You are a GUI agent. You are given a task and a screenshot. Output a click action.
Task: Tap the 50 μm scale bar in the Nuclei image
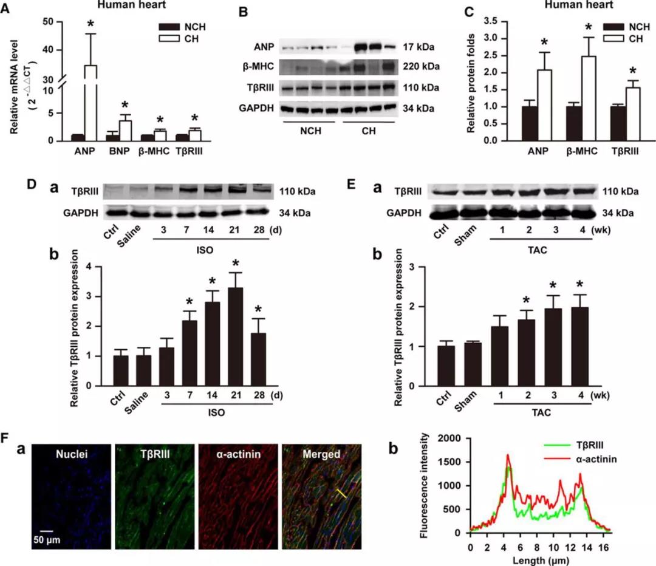(x=46, y=528)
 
